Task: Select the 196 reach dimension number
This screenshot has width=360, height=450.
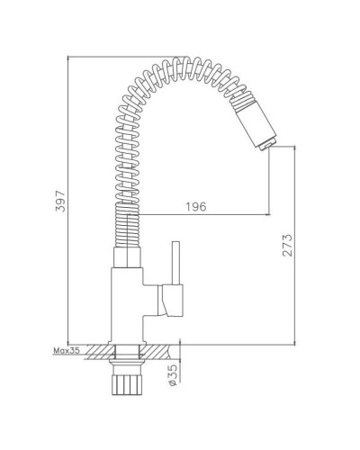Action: pos(197,207)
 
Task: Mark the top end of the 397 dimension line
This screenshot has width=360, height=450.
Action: pos(67,56)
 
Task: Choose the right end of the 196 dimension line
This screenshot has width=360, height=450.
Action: pos(270,216)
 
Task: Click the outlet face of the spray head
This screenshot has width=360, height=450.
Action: pos(267,145)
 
